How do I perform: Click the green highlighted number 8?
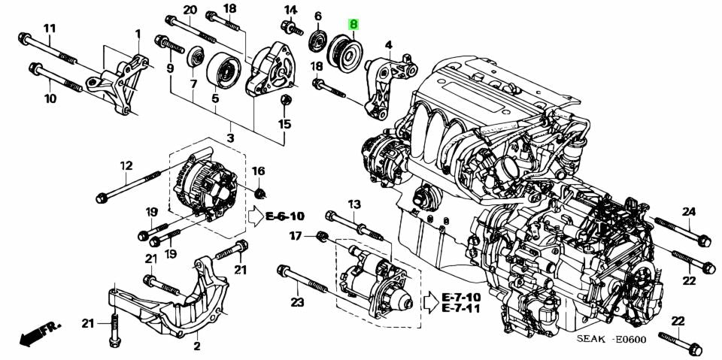(x=353, y=24)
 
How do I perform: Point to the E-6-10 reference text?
(x=285, y=216)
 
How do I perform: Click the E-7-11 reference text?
(x=462, y=308)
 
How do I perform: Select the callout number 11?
(x=50, y=29)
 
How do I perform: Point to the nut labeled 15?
(x=286, y=100)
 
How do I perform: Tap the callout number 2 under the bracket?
(x=197, y=346)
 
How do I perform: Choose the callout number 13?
(x=353, y=204)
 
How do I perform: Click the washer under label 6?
(x=318, y=41)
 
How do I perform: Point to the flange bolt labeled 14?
(x=289, y=28)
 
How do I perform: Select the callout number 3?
(x=230, y=138)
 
